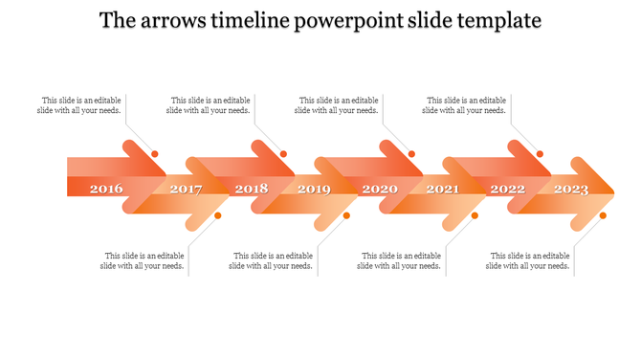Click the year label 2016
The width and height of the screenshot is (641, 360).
point(106,189)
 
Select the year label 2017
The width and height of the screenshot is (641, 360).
point(186,189)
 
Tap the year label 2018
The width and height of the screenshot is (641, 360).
point(252,189)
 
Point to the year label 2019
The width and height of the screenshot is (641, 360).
point(314,189)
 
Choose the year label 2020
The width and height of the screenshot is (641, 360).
point(380,189)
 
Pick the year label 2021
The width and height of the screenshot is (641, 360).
point(442,189)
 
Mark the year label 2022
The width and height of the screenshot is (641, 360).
point(508,189)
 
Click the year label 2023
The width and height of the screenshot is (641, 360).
point(571,189)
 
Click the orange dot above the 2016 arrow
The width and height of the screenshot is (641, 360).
point(155,154)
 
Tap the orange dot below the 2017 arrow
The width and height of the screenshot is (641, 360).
point(218,215)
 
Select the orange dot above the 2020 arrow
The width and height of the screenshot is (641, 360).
point(412,154)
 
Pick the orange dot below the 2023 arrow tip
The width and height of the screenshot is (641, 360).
point(603,215)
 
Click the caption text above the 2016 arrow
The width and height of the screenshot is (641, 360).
point(81,105)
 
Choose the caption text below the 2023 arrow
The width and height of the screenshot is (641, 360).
point(529,260)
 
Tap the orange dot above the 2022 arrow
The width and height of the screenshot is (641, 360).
point(540,154)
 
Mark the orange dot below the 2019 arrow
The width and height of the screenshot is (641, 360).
point(346,215)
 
